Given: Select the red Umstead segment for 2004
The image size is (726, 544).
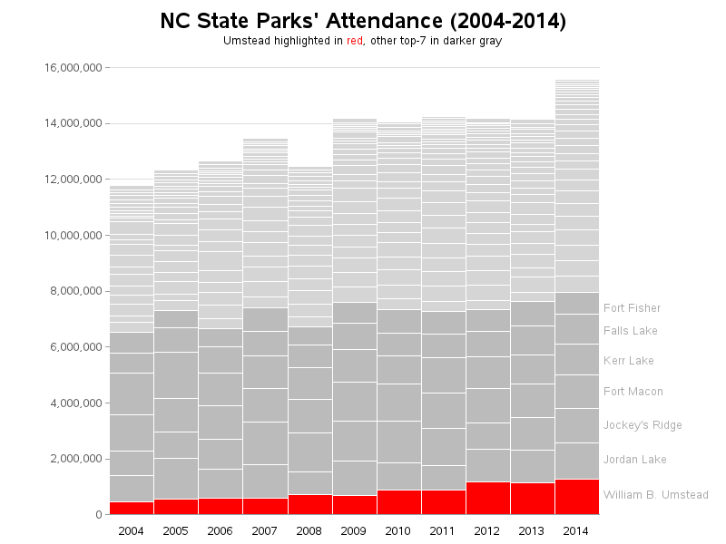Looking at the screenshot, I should [131, 508].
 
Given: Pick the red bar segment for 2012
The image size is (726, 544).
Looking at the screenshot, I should [487, 498].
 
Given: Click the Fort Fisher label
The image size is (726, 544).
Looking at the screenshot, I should [632, 308].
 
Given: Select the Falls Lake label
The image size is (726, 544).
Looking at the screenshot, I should [630, 331].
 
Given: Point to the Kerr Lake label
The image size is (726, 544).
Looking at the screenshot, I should [628, 361].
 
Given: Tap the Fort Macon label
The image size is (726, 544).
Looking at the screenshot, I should [633, 392].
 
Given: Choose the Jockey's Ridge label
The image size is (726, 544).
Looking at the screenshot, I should [643, 425].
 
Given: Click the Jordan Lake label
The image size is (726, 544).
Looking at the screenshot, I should [634, 460].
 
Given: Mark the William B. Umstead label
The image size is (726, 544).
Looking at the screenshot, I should [655, 495].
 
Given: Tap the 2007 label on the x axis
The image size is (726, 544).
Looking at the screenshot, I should [264, 530].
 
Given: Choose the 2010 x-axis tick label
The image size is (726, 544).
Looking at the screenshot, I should [398, 530].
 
